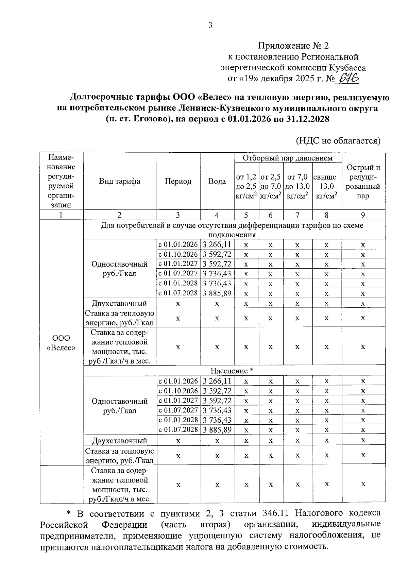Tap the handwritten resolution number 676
pyautogui.click(x=347, y=79)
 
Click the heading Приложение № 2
pyautogui.click(x=293, y=46)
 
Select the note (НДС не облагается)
pyautogui.click(x=338, y=141)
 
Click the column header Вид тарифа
pyautogui.click(x=120, y=181)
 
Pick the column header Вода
pyautogui.click(x=217, y=181)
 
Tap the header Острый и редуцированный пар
pyautogui.click(x=363, y=182)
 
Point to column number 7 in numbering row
pyautogui.click(x=297, y=215)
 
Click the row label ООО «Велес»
pyautogui.click(x=61, y=343)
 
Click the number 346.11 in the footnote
pyautogui.click(x=274, y=513)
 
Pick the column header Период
pyautogui.click(x=178, y=181)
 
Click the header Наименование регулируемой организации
pyautogui.click(x=61, y=181)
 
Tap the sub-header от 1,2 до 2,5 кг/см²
pyautogui.click(x=246, y=186)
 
